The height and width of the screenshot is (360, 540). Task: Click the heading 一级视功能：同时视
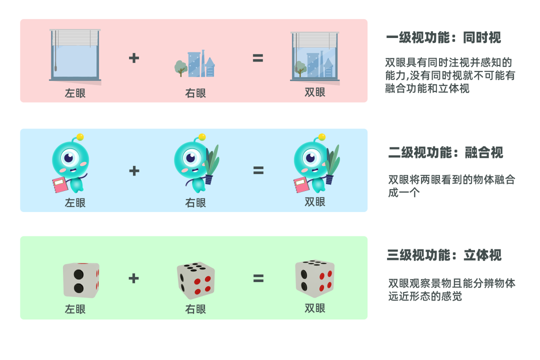point(443,37)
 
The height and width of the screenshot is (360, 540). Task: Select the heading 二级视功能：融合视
point(445,152)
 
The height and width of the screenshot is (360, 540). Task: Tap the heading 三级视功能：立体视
point(444,255)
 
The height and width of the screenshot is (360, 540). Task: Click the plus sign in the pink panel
point(133,58)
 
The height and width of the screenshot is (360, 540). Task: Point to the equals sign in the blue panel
point(258,170)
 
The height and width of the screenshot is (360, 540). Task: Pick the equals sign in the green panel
point(258,278)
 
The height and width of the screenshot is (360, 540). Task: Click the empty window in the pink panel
point(75,56)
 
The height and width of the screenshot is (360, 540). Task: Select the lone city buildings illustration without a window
point(195,64)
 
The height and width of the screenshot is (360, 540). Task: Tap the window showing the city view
point(315,56)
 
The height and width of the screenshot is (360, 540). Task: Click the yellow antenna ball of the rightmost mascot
point(322,136)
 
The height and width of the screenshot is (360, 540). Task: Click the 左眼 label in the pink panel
point(75,93)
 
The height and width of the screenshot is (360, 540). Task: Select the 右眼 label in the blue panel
point(195,203)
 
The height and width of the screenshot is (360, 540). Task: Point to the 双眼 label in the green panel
point(315,308)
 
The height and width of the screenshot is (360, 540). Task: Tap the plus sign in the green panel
point(133,278)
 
